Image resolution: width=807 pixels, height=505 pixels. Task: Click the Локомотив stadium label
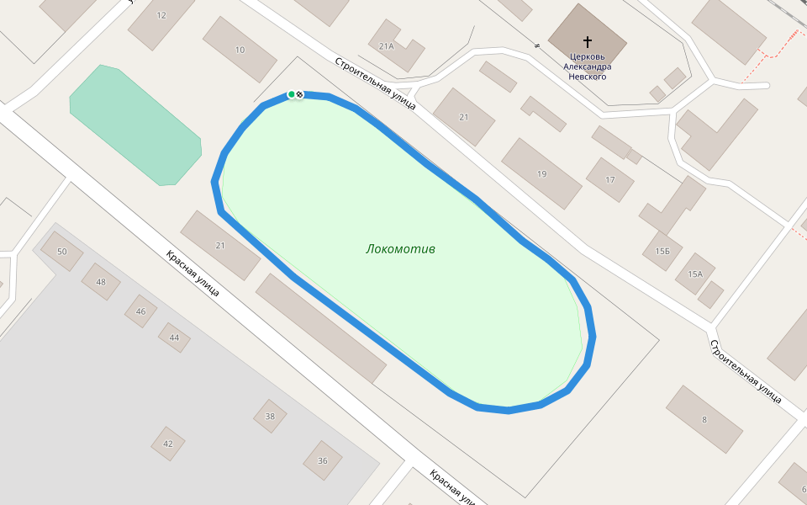(400, 249)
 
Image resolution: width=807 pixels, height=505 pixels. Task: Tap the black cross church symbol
(587, 40)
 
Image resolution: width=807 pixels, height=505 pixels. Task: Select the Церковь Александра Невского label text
(586, 66)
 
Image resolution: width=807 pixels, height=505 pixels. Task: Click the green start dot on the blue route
(291, 94)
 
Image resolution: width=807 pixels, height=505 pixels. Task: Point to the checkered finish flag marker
(300, 94)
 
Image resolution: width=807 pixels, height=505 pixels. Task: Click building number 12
(161, 15)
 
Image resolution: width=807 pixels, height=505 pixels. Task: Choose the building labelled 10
(240, 50)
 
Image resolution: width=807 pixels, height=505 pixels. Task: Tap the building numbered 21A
(387, 46)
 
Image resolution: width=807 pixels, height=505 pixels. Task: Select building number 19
(541, 174)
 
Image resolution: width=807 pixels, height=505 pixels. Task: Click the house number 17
(610, 179)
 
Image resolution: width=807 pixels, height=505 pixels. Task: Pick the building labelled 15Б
(662, 251)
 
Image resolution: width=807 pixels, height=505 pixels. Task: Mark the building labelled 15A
(694, 274)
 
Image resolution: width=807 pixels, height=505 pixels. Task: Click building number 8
(704, 419)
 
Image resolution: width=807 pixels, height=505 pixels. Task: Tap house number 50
(61, 252)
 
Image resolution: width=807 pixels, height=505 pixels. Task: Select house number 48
(101, 282)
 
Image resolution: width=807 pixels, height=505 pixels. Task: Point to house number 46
(140, 311)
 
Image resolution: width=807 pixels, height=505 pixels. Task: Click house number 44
(174, 338)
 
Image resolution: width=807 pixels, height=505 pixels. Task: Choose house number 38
(270, 416)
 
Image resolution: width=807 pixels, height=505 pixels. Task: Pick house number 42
(168, 444)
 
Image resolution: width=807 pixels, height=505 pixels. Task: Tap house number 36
(323, 460)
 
